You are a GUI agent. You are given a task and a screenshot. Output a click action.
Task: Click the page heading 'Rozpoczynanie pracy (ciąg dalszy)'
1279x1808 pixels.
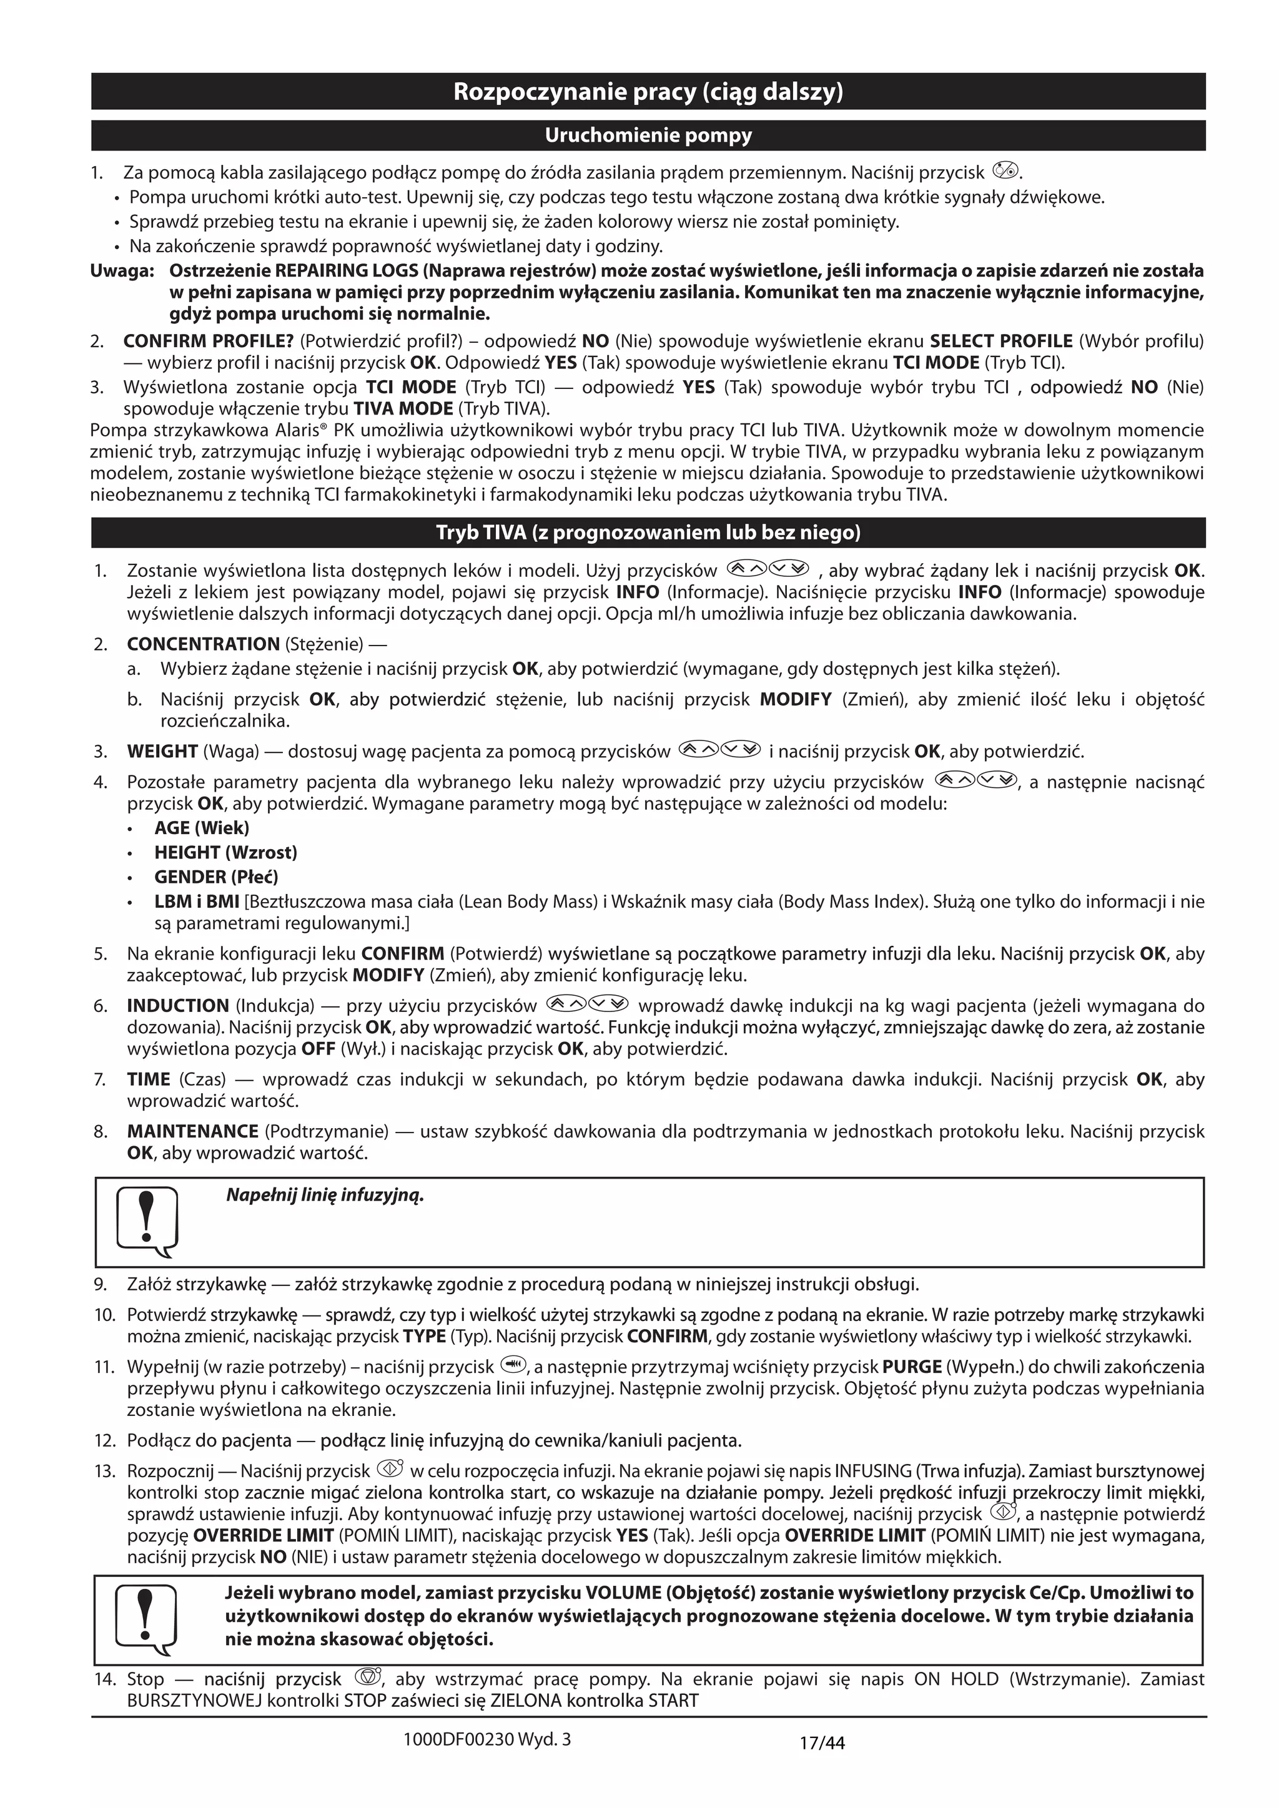click(x=648, y=92)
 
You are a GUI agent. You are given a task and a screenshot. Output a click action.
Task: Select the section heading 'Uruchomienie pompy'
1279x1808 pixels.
click(x=648, y=135)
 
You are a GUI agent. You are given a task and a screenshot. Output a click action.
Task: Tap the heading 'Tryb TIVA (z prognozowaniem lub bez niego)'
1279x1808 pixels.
click(x=648, y=533)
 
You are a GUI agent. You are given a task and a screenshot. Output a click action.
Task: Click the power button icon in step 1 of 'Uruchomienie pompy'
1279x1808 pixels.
click(x=1005, y=170)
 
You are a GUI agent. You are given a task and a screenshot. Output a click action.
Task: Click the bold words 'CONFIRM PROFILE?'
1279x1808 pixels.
click(x=208, y=341)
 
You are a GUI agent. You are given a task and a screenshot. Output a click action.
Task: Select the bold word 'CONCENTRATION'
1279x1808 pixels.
click(x=203, y=644)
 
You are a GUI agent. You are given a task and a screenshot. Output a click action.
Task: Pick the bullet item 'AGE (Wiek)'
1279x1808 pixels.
click(x=202, y=828)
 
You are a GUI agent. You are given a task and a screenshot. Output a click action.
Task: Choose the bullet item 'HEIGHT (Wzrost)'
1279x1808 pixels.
click(x=225, y=852)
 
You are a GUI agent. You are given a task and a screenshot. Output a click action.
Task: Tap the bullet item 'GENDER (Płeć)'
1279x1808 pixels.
click(x=216, y=877)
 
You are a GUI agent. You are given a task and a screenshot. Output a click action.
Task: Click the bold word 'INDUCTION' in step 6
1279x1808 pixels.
click(x=178, y=1006)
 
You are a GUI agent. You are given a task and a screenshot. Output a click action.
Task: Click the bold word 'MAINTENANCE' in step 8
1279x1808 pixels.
click(x=192, y=1132)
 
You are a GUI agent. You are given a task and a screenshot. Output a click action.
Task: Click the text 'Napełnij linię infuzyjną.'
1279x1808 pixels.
click(x=325, y=1196)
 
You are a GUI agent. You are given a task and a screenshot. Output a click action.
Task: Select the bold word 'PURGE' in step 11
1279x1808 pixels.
click(x=911, y=1367)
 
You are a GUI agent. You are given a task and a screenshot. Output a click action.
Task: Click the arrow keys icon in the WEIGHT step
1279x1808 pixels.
click(x=719, y=750)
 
